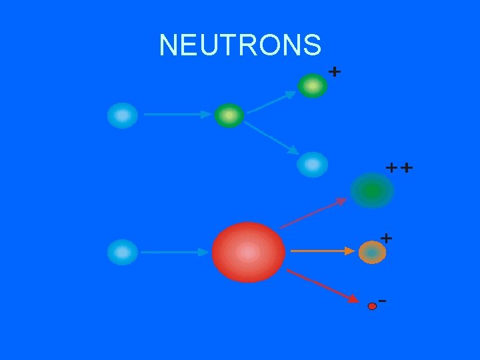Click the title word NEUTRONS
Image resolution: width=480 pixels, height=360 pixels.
pyautogui.click(x=240, y=45)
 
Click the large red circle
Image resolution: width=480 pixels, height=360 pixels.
pyautogui.click(x=248, y=252)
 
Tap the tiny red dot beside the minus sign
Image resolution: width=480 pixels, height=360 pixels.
pyautogui.click(x=372, y=306)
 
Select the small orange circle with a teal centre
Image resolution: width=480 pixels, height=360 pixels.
pyautogui.click(x=372, y=252)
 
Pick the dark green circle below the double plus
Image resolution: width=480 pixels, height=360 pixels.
pyautogui.click(x=372, y=191)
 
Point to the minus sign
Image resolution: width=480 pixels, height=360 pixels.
pyautogui.click(x=383, y=301)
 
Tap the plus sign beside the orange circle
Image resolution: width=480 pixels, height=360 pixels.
pyautogui.click(x=386, y=237)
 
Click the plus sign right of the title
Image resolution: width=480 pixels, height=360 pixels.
pyautogui.click(x=335, y=70)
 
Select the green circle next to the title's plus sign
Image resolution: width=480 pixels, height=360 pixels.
pyautogui.click(x=312, y=86)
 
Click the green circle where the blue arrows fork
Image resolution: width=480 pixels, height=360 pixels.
pyautogui.click(x=229, y=116)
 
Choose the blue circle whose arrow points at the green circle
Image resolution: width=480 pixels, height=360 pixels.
pyautogui.click(x=123, y=115)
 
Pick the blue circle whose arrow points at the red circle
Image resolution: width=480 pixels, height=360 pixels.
pyautogui.click(x=123, y=252)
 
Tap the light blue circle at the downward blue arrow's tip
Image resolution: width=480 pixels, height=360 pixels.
pyautogui.click(x=312, y=164)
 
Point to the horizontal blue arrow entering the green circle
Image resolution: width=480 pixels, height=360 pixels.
pyautogui.click(x=177, y=115)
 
